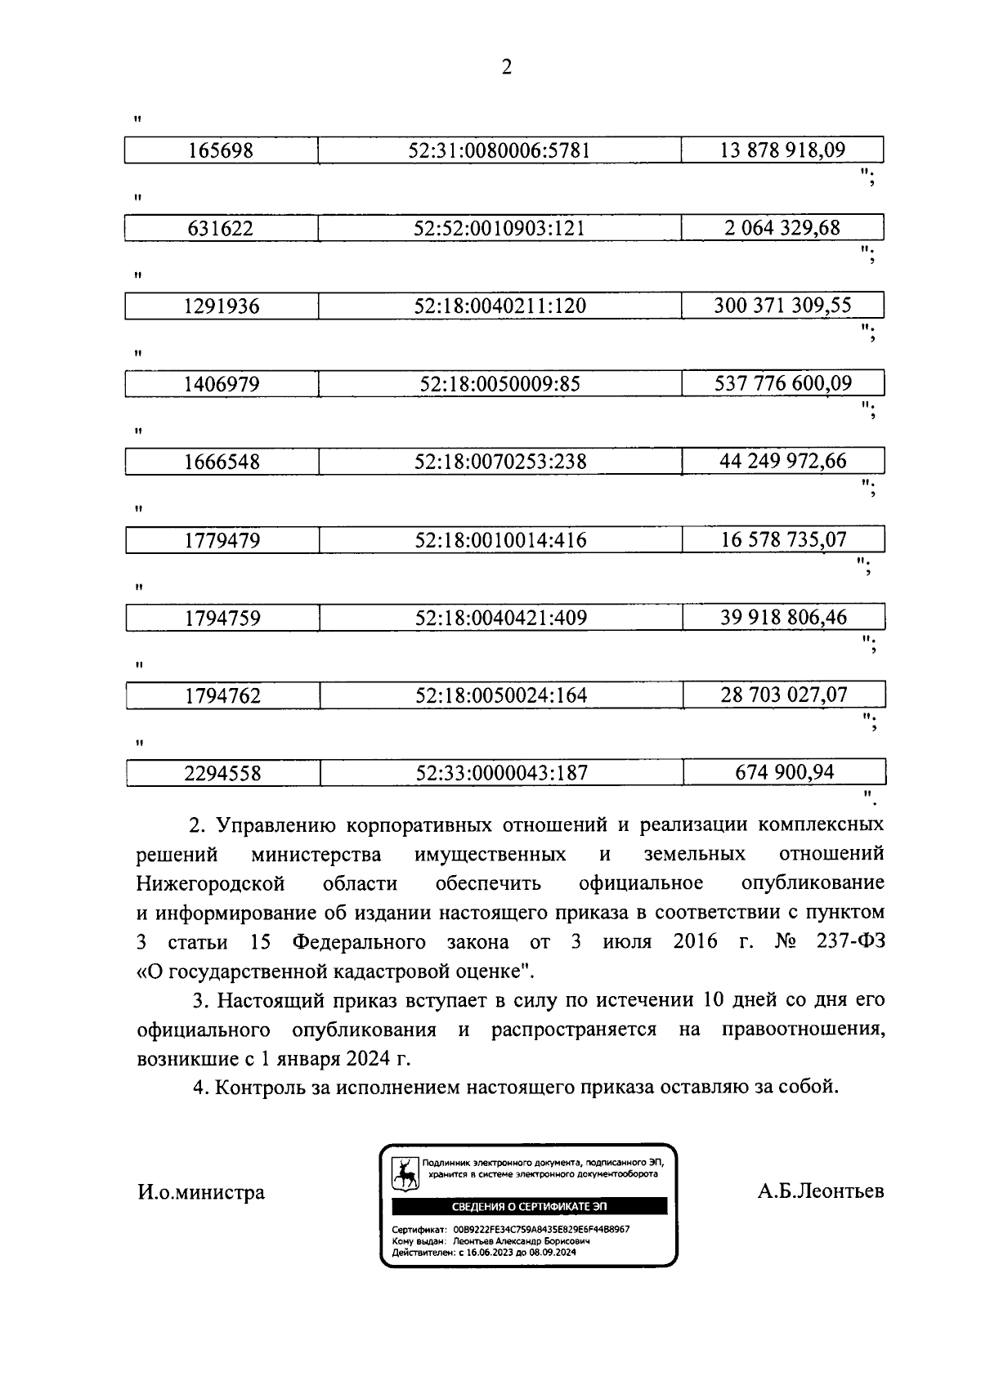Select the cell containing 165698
[x=221, y=150]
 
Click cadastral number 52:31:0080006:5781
[x=499, y=150]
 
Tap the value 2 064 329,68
[x=782, y=227]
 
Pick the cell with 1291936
[x=221, y=306]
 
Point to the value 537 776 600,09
[x=782, y=382]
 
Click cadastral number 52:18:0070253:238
[x=500, y=462]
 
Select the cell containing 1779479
[x=222, y=540]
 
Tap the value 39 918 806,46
[x=783, y=617]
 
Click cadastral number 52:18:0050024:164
[x=501, y=695]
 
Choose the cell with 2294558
[x=222, y=773]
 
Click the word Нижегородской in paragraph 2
[x=210, y=883]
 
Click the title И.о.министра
[x=200, y=1192]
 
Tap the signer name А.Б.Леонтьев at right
[x=820, y=1191]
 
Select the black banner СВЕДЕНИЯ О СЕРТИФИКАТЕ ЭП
[x=530, y=1207]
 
